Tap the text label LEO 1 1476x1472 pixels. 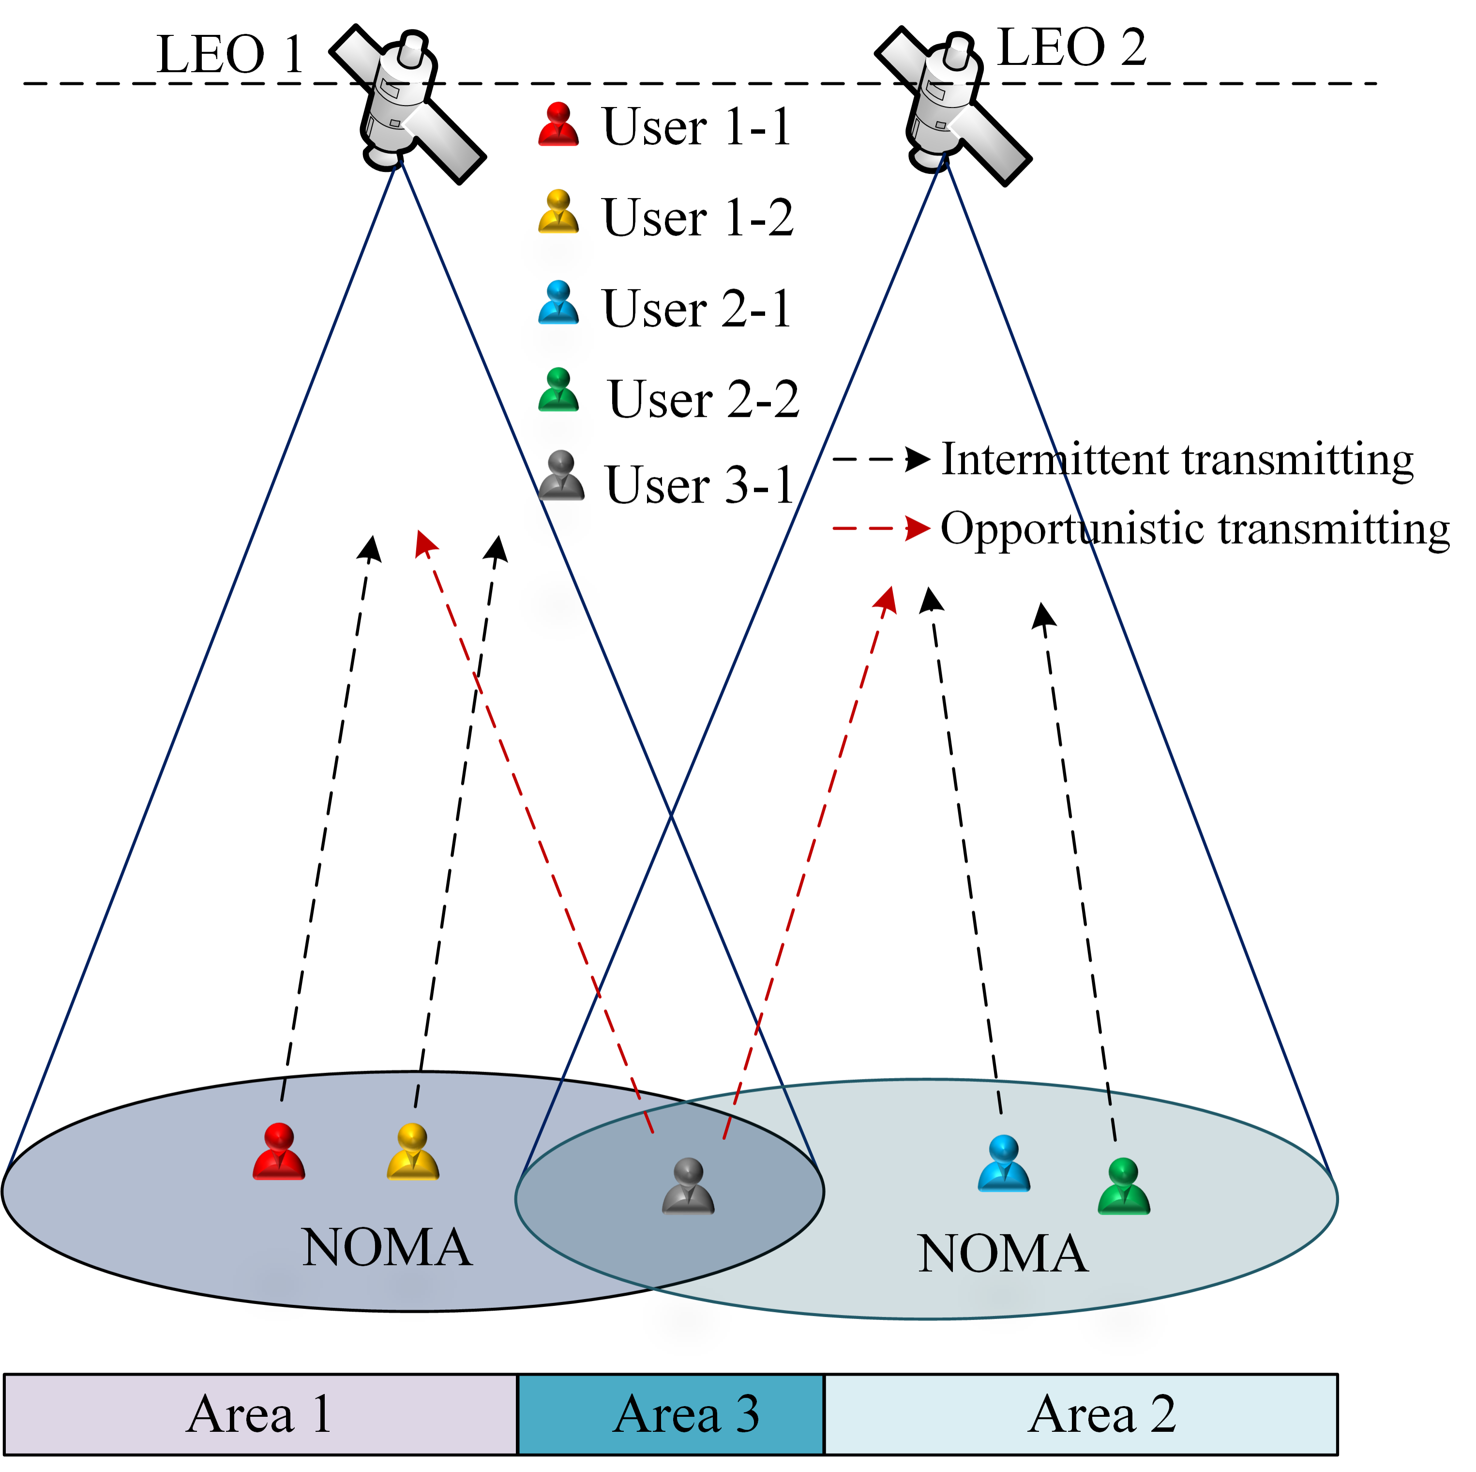pos(230,55)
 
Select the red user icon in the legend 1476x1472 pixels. pos(558,124)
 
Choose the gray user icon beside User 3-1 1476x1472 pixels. pos(561,476)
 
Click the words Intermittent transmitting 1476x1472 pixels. pos(1176,460)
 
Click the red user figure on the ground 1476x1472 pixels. pos(279,1152)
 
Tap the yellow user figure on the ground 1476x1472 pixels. pos(412,1152)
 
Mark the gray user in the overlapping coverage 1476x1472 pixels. pos(688,1186)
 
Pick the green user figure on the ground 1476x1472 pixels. pos(1123,1186)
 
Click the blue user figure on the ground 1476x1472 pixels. pos(1004,1164)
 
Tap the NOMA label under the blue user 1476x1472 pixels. pos(1002,1254)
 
